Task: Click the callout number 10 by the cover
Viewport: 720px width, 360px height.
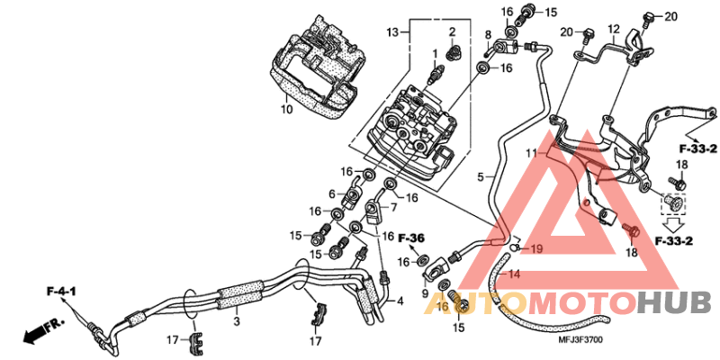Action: click(x=285, y=110)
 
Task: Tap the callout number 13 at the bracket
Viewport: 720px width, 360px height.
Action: click(x=391, y=32)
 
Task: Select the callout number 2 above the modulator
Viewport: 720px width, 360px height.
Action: click(x=452, y=33)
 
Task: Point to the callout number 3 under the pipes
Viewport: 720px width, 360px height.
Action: click(x=237, y=321)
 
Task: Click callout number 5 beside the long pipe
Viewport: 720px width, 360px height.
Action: click(x=481, y=176)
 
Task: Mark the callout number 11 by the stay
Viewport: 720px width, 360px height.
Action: click(x=532, y=153)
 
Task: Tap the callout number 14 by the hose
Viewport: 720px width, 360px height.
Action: click(x=516, y=273)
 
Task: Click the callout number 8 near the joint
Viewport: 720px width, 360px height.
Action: click(x=489, y=37)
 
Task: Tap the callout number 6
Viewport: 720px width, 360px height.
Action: click(x=331, y=193)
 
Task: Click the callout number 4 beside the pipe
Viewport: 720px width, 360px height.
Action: click(x=400, y=301)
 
